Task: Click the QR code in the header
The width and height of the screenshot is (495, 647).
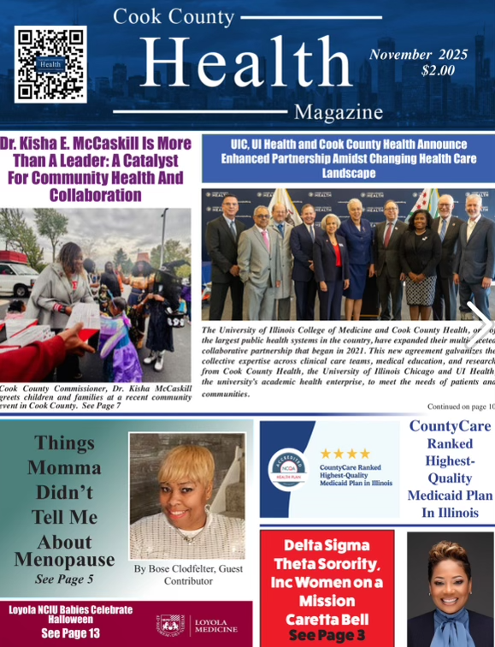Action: point(50,64)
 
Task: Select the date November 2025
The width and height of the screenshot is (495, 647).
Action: point(418,55)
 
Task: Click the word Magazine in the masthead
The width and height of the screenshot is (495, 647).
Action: point(338,112)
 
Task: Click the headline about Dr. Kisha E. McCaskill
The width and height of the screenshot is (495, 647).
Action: point(95,169)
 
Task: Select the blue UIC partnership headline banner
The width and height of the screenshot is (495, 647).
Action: point(348,158)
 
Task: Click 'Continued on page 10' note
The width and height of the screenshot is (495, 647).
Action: point(460,407)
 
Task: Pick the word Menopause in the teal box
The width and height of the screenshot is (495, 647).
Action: point(64,560)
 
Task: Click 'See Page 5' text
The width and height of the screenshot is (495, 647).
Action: point(64,579)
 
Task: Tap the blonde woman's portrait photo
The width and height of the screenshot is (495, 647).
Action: point(186,495)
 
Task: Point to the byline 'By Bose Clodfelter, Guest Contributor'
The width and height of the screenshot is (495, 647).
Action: point(188,574)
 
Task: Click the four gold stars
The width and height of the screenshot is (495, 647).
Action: point(345,454)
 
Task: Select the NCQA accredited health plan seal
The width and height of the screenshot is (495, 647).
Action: point(287,468)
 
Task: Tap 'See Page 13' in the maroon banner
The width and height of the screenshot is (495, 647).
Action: point(70,633)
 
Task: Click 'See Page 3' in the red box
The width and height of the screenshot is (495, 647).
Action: point(327,635)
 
